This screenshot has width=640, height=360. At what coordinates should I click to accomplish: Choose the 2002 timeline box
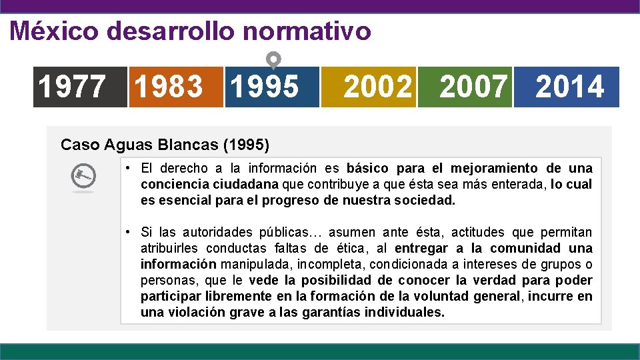point(369,87)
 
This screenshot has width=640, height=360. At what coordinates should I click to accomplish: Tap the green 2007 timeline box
point(465,87)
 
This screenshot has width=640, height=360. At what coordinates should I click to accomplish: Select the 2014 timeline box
point(567,87)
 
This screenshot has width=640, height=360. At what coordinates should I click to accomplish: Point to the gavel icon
point(83,177)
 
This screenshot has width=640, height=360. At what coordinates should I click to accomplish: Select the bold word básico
point(368,168)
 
